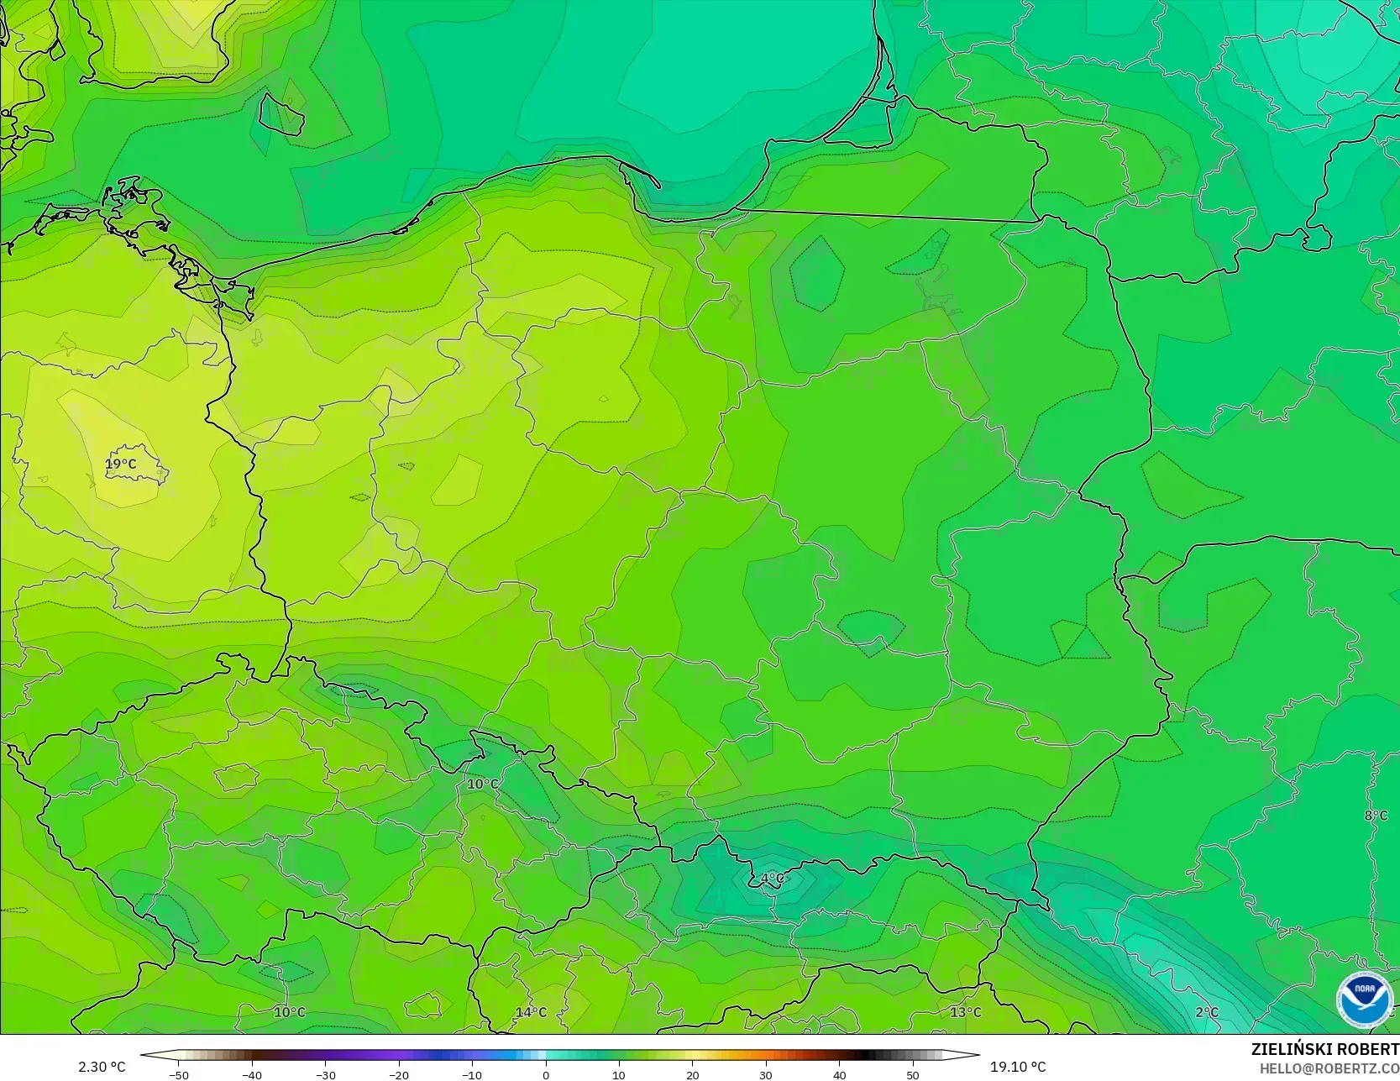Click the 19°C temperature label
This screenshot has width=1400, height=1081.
[121, 464]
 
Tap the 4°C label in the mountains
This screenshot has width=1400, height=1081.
[772, 879]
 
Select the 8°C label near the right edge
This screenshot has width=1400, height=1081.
[1376, 816]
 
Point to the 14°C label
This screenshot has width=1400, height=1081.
[531, 1013]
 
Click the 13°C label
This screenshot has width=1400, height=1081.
[966, 1012]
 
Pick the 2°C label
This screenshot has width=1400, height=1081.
[1207, 1013]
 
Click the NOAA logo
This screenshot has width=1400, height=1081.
[1364, 999]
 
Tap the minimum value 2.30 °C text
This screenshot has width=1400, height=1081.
[102, 1067]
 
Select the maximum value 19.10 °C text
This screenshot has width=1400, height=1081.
[1018, 1067]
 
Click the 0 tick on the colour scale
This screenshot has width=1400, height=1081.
[546, 1074]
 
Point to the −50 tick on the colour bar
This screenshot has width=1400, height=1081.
[179, 1074]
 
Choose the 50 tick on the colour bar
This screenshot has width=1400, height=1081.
[913, 1074]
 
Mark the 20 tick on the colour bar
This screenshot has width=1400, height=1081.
[693, 1074]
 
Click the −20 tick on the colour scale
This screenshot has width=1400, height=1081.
[399, 1074]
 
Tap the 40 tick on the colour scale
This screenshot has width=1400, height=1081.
[839, 1074]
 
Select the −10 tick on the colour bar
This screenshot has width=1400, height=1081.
[472, 1074]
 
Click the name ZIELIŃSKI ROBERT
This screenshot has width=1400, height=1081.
[1324, 1050]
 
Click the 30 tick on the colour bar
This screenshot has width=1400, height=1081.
[766, 1074]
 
